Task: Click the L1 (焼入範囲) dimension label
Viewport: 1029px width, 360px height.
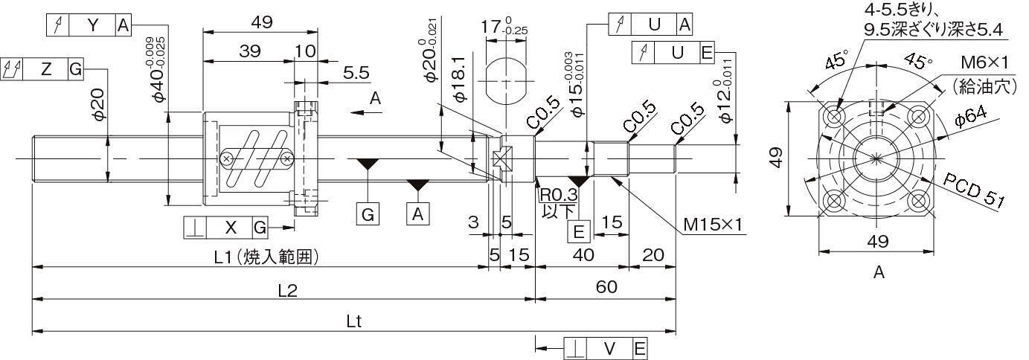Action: [x=266, y=257]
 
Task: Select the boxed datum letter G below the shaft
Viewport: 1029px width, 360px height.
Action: [x=368, y=215]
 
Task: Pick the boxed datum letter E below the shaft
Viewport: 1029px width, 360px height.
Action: [x=579, y=232]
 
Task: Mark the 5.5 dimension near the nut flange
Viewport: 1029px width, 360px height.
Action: [x=356, y=73]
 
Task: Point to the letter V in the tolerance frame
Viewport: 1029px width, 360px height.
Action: [x=609, y=348]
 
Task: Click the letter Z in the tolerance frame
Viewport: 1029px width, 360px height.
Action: [x=46, y=70]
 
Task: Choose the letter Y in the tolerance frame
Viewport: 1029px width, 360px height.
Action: [x=92, y=25]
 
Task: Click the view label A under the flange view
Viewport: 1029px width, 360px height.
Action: [x=879, y=273]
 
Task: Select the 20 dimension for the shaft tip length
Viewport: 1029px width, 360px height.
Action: [x=653, y=255]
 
